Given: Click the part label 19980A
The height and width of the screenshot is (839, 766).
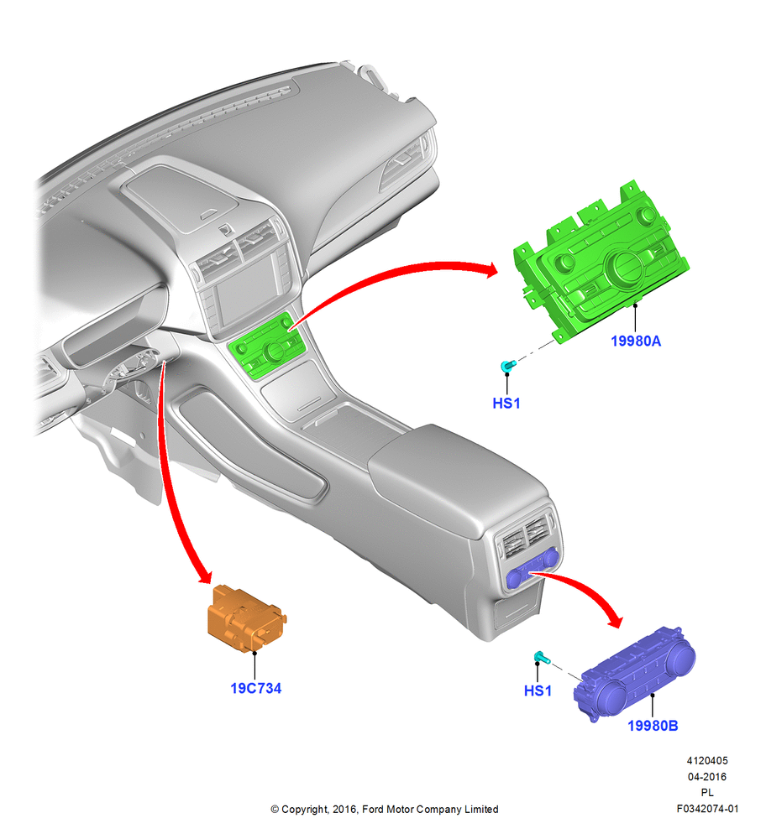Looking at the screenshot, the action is coord(635,341).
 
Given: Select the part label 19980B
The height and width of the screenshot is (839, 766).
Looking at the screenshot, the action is coord(653,726).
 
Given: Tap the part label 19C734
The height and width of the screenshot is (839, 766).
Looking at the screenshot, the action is coord(255,688).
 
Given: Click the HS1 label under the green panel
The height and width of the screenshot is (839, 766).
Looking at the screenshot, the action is coord(506,403).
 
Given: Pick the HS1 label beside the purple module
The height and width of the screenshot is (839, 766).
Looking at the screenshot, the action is coord(538,690).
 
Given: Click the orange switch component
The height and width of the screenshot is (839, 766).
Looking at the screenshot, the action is coord(246,619).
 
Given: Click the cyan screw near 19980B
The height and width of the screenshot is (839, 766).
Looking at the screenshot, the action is coord(541,657).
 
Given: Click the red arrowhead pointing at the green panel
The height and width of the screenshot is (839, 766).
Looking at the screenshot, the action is coord(490,269).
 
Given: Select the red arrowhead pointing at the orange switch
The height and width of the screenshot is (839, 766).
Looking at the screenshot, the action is coord(205,576).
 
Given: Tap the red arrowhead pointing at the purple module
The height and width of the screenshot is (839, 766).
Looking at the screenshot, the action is coord(615,619).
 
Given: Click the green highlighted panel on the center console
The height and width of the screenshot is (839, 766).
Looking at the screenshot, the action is coord(267,347).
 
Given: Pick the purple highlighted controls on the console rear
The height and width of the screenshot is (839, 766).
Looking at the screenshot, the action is coord(533,569).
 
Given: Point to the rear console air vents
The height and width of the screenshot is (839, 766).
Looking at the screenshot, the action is coord(527,537).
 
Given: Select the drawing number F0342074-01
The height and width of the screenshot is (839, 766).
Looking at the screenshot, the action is coord(707,809).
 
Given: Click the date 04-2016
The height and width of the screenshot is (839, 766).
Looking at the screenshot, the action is coord(707,776).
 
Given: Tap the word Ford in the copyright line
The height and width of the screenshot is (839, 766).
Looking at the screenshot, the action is coord(374,809).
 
